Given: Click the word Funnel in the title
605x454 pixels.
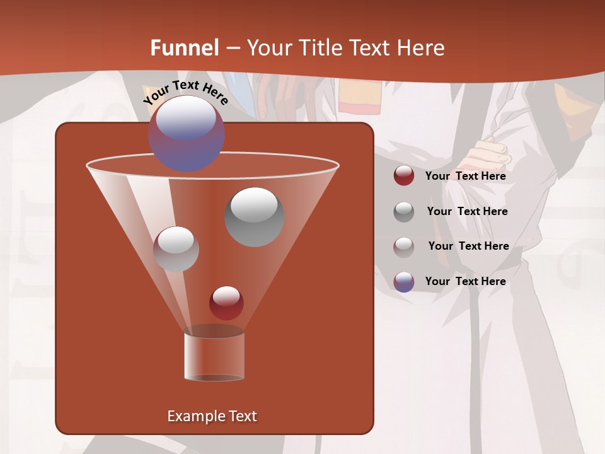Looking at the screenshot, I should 185,48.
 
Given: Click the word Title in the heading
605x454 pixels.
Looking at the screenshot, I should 320,48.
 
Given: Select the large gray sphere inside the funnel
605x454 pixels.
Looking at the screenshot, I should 254,217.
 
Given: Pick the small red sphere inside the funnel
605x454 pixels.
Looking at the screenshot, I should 226,303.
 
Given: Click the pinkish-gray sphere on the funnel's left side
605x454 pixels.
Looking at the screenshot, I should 176,249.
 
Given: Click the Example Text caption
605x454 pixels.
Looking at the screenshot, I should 212,416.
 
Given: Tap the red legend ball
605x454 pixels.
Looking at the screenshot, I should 404,176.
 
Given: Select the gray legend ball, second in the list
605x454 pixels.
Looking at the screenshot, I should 404,212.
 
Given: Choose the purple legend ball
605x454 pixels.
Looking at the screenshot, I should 404,282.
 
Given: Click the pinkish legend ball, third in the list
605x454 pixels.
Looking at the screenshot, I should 404,247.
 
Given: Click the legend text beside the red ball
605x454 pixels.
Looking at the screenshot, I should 465,176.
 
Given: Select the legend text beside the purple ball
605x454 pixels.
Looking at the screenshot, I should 465,281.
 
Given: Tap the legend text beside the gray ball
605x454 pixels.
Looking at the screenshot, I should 467,211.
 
